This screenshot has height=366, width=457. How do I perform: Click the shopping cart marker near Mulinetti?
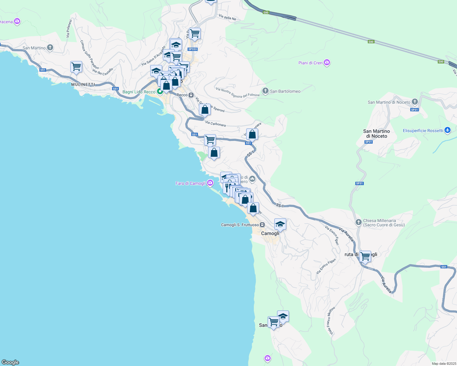tap(76, 67)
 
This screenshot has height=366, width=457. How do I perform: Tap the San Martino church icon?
tap(50, 48)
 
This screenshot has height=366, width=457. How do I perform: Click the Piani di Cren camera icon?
tap(327, 63)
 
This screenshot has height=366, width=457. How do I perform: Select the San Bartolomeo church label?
tap(285, 91)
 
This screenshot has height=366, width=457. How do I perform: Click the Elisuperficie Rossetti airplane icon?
tap(448, 130)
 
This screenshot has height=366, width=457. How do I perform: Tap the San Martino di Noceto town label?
tap(376, 134)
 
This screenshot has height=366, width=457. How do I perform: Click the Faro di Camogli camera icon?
tap(210, 183)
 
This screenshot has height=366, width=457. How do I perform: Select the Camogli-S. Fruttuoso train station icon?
tap(262, 225)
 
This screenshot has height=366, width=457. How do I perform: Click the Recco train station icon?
tap(191, 95)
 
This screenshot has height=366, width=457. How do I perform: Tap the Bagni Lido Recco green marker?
tap(159, 91)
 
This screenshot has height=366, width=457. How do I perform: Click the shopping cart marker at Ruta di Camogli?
tap(365, 256)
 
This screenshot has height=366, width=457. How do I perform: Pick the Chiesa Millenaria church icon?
tap(359, 222)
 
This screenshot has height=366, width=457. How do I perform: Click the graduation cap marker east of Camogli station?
tap(280, 224)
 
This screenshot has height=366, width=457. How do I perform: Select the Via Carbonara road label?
tap(216, 124)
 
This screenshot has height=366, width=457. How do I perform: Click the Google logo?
tap(10, 362)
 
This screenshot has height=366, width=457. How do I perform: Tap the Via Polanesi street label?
tap(69, 29)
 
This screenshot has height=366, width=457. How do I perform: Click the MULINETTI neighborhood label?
tap(83, 84)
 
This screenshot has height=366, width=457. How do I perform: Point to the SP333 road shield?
tap(192, 49)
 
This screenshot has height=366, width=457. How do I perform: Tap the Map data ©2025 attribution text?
tap(444, 364)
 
